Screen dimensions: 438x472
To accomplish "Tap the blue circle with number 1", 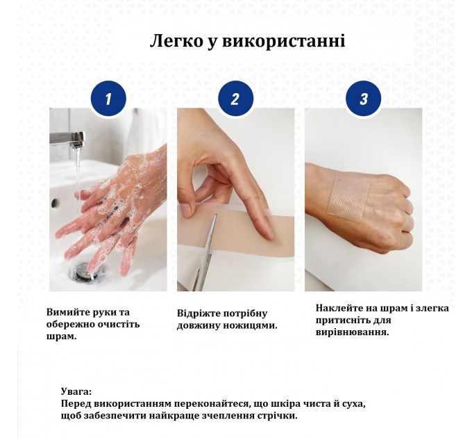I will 108,99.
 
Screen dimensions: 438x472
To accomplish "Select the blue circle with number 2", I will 235,99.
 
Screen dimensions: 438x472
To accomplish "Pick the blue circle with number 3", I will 363,99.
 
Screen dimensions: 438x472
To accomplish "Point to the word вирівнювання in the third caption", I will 352,332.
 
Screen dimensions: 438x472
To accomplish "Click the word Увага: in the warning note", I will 76,391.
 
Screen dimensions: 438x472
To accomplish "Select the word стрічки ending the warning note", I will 277,416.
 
